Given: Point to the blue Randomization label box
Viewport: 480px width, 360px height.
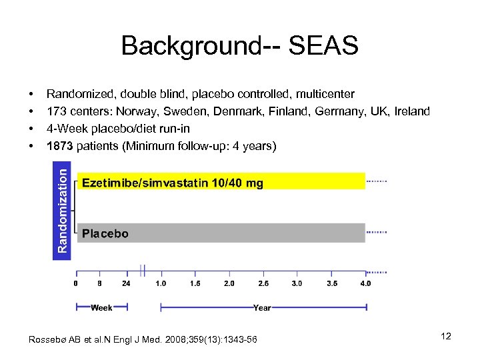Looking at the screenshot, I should pos(62,210).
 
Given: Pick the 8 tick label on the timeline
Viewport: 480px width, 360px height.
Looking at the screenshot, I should pos(99,283).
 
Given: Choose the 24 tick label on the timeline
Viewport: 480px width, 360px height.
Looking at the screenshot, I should pos(126,283).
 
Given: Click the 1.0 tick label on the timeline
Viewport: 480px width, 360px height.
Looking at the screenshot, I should pos(161,283).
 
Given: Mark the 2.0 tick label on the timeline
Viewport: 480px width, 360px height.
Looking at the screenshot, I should pos(229,283).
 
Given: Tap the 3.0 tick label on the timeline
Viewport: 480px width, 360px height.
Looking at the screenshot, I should pos(297,283).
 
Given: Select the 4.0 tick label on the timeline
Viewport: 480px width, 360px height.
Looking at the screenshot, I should pos(365,283).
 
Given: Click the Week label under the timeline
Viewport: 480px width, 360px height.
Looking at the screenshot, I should pos(101,308).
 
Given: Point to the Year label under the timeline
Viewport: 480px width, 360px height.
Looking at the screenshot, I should pos(262,308).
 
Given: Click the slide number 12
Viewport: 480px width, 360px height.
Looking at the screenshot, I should pos(446,336).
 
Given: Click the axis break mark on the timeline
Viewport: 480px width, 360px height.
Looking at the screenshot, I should pos(143,270).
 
